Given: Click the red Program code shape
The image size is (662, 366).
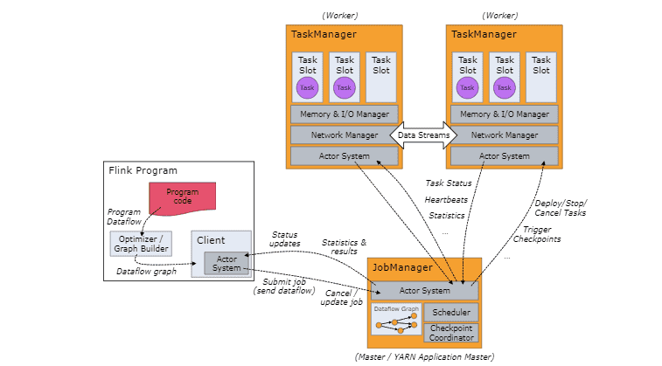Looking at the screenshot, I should (x=182, y=196).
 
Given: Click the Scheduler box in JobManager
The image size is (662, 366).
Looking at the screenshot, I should (x=451, y=312).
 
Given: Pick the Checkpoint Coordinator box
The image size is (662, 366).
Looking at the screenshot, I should (x=451, y=332).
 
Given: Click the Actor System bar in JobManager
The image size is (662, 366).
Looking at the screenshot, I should (x=424, y=291).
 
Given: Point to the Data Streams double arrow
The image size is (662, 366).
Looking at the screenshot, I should (x=423, y=135).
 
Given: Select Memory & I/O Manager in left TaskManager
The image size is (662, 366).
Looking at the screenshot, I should (x=345, y=114).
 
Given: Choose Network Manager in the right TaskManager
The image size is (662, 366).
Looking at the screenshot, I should (x=505, y=135).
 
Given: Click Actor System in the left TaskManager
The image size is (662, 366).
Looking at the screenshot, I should (x=345, y=156).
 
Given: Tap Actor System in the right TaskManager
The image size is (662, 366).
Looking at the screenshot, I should (x=505, y=156).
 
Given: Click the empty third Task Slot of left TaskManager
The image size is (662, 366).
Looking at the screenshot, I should (x=381, y=77).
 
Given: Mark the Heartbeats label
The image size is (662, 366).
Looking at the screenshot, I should (x=446, y=199).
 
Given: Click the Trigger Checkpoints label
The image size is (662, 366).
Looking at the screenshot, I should (x=541, y=234).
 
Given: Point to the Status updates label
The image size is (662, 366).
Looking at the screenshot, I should (x=284, y=239).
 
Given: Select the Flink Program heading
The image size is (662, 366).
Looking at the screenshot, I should (x=143, y=170).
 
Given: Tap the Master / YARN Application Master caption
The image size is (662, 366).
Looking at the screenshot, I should (x=424, y=356).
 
